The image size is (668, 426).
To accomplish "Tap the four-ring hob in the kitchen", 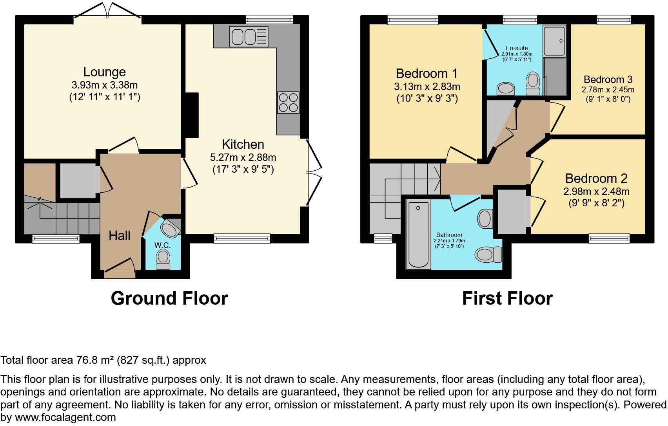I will pyautogui.click(x=288, y=102).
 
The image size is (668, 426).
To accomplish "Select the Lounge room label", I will pyautogui.click(x=104, y=72).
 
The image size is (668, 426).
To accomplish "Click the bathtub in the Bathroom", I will pyautogui.click(x=418, y=234).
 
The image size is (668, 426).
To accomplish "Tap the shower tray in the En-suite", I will pyautogui.click(x=555, y=40).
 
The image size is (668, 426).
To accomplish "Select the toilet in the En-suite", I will pyautogui.click(x=533, y=83).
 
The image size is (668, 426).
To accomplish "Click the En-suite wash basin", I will pyautogui.click(x=506, y=88).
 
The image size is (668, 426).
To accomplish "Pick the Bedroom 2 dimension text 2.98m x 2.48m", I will pyautogui.click(x=596, y=191).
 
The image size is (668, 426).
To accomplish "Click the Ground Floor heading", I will pyautogui.click(x=169, y=298).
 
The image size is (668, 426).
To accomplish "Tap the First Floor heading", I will pyautogui.click(x=507, y=298).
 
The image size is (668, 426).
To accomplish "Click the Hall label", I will pyautogui.click(x=120, y=235).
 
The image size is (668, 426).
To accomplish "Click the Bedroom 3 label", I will pyautogui.click(x=608, y=79).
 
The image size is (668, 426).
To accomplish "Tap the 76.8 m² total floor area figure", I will pyautogui.click(x=94, y=360).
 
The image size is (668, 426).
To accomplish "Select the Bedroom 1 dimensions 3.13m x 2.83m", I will pyautogui.click(x=427, y=87).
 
